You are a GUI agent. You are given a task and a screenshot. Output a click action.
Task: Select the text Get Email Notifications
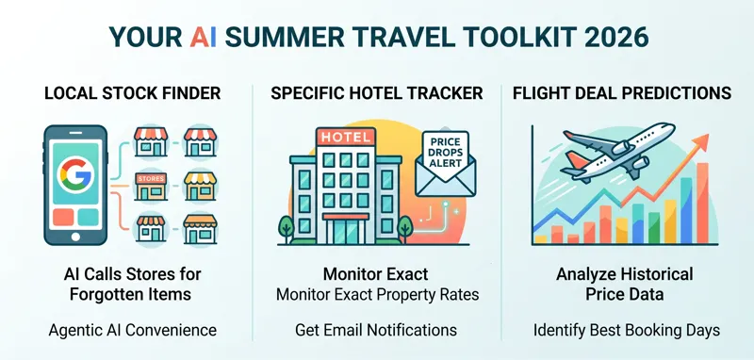coord(377,330)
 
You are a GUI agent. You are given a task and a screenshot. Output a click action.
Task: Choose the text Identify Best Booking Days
coord(625,330)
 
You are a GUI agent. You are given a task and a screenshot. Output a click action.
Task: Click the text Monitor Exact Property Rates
coord(377,295)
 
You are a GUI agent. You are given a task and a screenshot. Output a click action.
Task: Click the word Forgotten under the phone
coord(107,295)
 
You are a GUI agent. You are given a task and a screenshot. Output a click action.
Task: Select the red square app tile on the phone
coord(62,217)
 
